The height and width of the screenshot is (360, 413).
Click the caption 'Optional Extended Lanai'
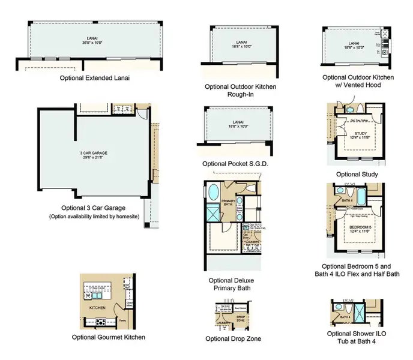(94, 77)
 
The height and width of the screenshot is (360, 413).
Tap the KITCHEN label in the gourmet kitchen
(97, 307)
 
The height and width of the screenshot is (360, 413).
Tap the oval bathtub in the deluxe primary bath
(213, 194)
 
